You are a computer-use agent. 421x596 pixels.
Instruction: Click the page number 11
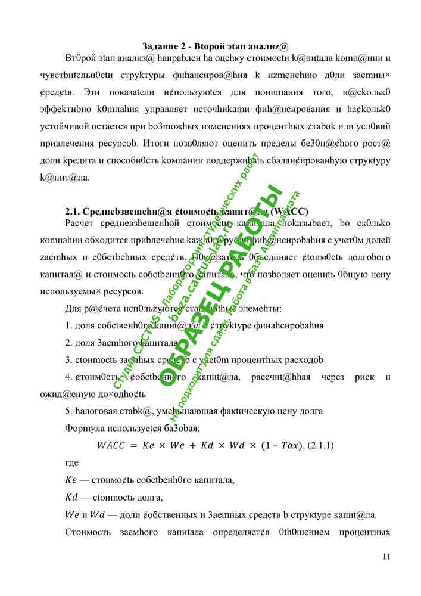click(386, 557)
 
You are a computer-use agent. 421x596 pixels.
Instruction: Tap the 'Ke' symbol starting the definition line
click(70, 480)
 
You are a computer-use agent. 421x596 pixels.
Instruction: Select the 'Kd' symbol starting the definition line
click(71, 498)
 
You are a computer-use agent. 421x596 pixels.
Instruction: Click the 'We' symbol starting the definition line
click(71, 515)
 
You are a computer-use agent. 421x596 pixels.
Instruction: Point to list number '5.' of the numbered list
click(68, 411)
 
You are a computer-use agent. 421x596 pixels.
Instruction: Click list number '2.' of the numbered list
click(68, 343)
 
